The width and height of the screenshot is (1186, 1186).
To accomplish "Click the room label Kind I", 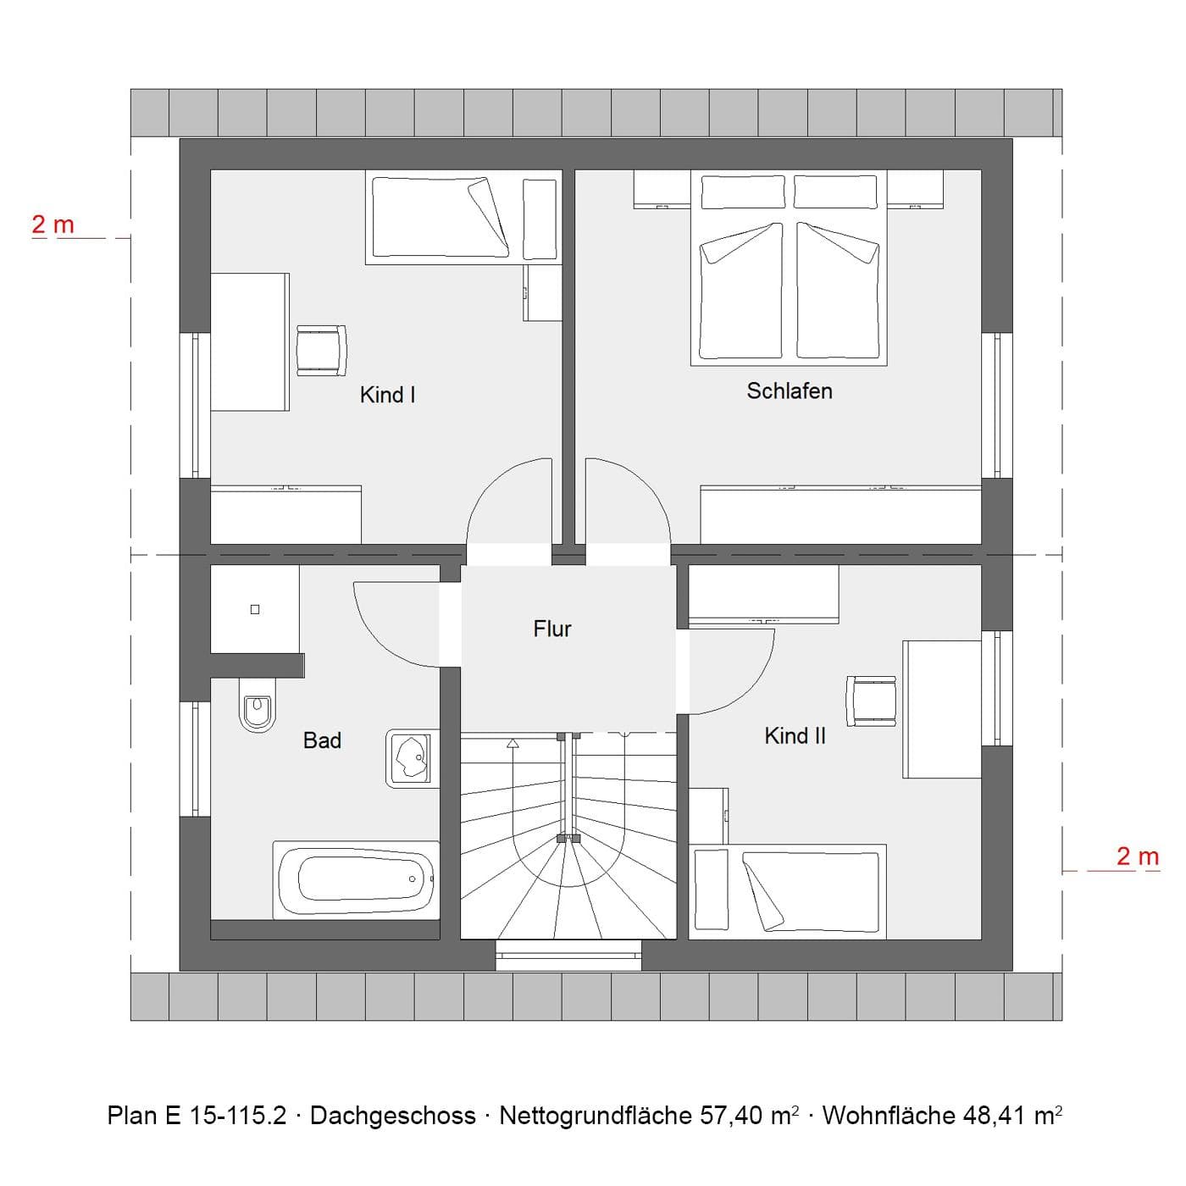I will (387, 395).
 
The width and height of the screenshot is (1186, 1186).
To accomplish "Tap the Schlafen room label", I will (789, 391).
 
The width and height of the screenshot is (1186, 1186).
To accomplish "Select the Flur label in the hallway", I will (552, 629).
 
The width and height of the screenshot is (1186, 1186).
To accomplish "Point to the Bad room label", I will (322, 740).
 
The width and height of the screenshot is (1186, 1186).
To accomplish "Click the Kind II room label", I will (795, 736).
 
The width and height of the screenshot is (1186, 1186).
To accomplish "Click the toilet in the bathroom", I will (257, 708).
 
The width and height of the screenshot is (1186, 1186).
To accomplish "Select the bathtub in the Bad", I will (357, 879).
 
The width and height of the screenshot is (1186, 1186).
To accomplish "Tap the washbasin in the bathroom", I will (413, 758).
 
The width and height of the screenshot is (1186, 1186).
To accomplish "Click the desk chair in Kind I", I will (322, 351).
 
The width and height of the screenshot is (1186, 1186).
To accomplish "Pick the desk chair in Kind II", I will (871, 701).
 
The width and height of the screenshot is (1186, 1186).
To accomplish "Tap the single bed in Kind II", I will (787, 891).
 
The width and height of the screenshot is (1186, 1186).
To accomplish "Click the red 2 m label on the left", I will (53, 224).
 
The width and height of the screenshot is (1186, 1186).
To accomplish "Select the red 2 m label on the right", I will (1137, 856).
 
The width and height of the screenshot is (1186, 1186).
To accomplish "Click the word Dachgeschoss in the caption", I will (392, 1116).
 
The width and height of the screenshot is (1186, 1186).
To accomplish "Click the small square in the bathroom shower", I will (255, 609).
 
